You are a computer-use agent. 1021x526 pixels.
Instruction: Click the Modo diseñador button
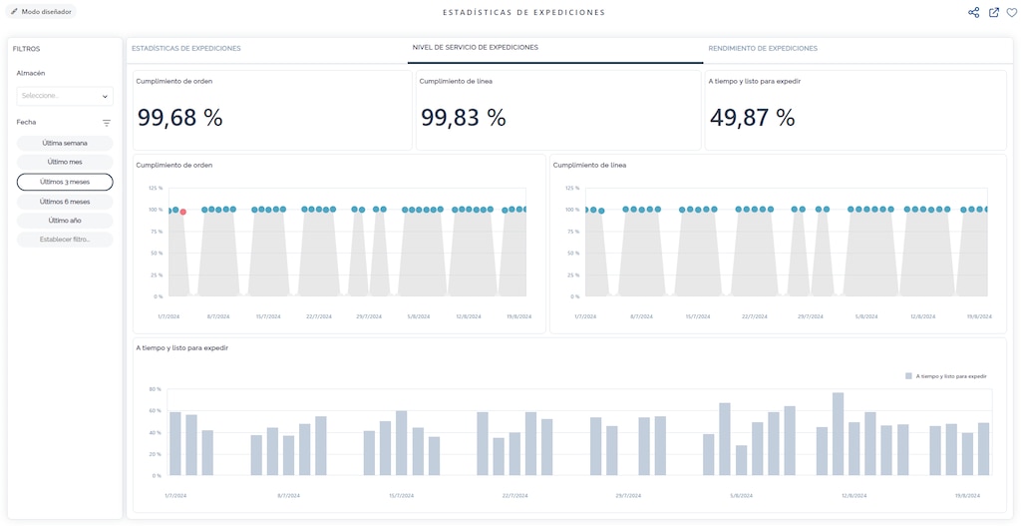pyautogui.click(x=42, y=12)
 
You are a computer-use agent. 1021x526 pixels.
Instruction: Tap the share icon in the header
pyautogui.click(x=973, y=13)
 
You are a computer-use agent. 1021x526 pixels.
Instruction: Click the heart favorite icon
pyautogui.click(x=1011, y=13)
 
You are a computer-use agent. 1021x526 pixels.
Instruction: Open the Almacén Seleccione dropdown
pyautogui.click(x=65, y=96)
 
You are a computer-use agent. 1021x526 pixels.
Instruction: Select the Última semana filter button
pyautogui.click(x=65, y=143)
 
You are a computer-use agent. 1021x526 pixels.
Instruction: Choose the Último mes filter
pyautogui.click(x=65, y=162)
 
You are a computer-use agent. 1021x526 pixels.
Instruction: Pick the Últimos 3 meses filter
pyautogui.click(x=65, y=182)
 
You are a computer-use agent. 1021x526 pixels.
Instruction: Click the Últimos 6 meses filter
pyautogui.click(x=65, y=202)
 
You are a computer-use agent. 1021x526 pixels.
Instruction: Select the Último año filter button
pyautogui.click(x=65, y=221)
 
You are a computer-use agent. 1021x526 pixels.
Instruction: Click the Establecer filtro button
pyautogui.click(x=65, y=240)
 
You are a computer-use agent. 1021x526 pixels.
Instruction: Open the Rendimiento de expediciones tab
pyautogui.click(x=763, y=48)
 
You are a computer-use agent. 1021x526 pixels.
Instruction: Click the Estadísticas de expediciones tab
pyautogui.click(x=186, y=48)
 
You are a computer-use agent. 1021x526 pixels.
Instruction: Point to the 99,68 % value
pyautogui.click(x=180, y=118)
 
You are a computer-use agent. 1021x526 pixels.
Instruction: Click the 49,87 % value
pyautogui.click(x=752, y=118)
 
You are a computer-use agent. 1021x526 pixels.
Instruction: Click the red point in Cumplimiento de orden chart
pyautogui.click(x=183, y=212)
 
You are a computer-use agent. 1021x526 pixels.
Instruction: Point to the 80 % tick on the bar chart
pyautogui.click(x=156, y=389)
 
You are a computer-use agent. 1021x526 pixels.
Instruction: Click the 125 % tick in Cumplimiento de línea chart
pyautogui.click(x=572, y=188)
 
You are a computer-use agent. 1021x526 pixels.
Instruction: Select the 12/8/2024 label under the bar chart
pyautogui.click(x=853, y=495)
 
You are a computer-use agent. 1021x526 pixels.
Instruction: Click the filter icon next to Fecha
pyautogui.click(x=107, y=123)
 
